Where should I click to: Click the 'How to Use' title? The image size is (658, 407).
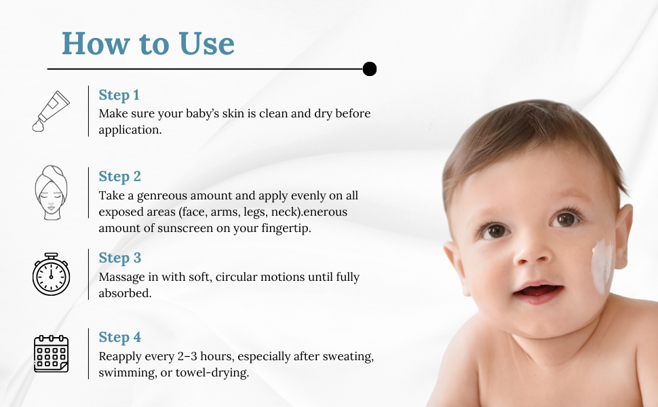pos(148,43)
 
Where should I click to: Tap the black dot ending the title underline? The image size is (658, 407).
pos(369,69)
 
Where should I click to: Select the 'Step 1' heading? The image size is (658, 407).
pos(119,95)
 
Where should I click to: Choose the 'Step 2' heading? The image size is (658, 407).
pos(119,176)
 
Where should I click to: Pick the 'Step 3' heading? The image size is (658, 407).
pos(119,258)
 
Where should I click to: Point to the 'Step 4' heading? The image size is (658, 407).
pos(119,337)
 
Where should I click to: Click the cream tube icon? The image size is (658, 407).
pos(51,111)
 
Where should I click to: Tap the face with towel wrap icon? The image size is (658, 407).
pos(51,192)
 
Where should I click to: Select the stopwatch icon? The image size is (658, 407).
pos(51,274)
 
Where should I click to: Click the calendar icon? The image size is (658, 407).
pos(51,353)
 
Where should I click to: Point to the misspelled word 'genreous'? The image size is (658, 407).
pos(162,196)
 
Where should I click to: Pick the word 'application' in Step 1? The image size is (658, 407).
pos(130,130)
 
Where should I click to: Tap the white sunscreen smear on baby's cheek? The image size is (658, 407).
pos(603,266)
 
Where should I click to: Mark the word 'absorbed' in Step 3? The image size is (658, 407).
pos(125,293)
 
